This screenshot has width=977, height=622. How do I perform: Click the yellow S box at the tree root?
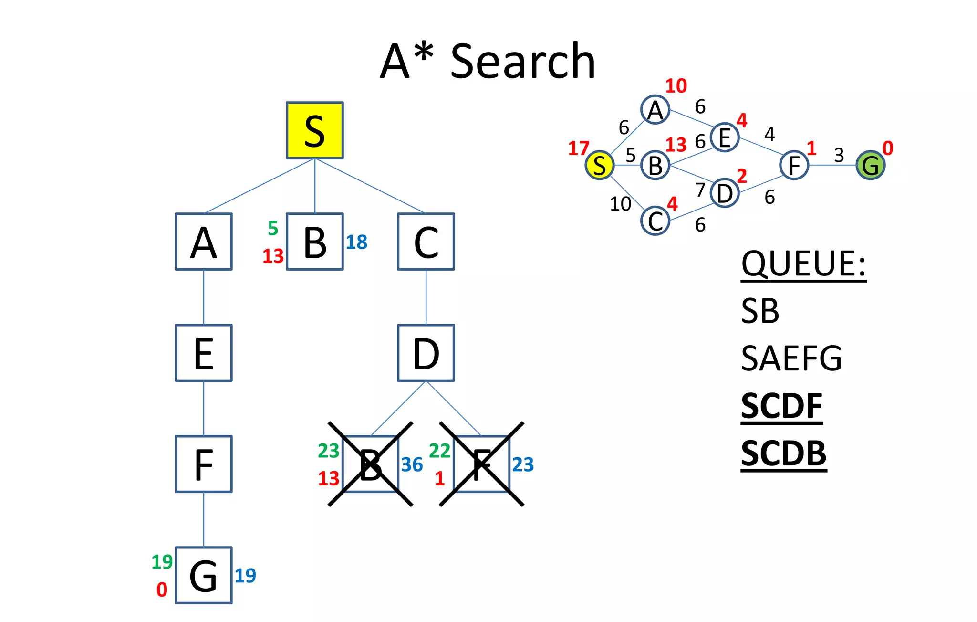[x=314, y=130]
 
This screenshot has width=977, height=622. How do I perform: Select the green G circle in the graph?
[x=870, y=165]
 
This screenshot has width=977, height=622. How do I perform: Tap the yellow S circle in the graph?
[x=599, y=165]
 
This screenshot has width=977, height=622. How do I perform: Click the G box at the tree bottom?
[x=204, y=575]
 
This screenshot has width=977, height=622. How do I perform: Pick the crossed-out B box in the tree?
[x=371, y=464]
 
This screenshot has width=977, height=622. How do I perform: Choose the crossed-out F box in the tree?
[x=481, y=464]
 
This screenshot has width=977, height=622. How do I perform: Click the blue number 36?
[x=412, y=464]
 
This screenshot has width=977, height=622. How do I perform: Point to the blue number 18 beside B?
[x=356, y=242]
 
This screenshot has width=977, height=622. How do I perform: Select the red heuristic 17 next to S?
[x=578, y=148]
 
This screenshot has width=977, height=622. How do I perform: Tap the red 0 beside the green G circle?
[x=887, y=148]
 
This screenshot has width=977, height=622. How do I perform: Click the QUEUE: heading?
[x=803, y=264]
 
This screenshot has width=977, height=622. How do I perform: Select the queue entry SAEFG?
[x=791, y=358]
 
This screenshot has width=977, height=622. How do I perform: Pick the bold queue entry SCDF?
[x=781, y=406]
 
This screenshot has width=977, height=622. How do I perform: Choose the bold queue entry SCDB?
[x=783, y=453]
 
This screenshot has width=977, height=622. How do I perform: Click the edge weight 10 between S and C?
[x=620, y=204]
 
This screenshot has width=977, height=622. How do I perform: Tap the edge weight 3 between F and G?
[x=839, y=155]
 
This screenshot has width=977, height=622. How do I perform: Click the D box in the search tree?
[x=426, y=353]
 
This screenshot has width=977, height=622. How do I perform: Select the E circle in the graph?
[x=724, y=137]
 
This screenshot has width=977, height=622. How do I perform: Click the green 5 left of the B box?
[x=273, y=228]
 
